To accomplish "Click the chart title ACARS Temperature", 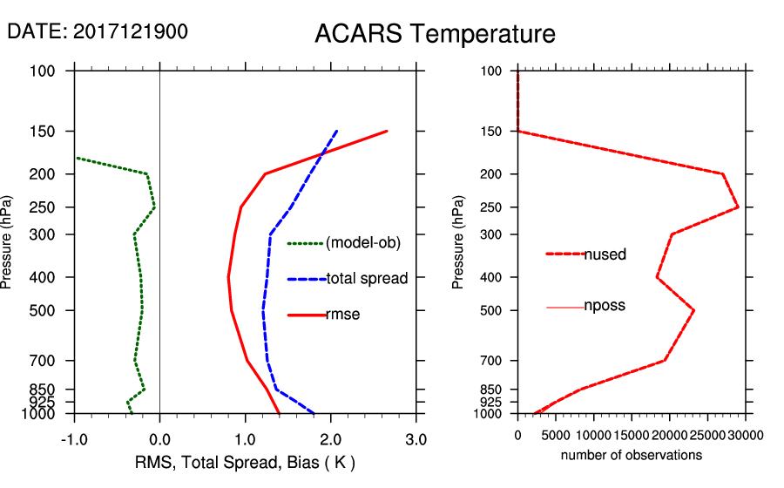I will click(x=435, y=34).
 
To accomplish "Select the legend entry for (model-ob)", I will click(x=362, y=244).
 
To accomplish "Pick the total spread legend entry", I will click(x=367, y=279).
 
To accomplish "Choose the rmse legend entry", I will click(x=342, y=315).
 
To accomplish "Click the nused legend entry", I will click(x=605, y=254).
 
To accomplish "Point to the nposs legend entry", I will click(x=605, y=306).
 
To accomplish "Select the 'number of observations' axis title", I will click(x=632, y=455).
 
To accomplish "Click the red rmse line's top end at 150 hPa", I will click(x=386, y=132).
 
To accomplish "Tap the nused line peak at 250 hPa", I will click(x=738, y=207).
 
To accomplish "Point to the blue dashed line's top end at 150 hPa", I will click(x=336, y=132).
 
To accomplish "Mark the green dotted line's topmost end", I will click(x=77, y=158).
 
